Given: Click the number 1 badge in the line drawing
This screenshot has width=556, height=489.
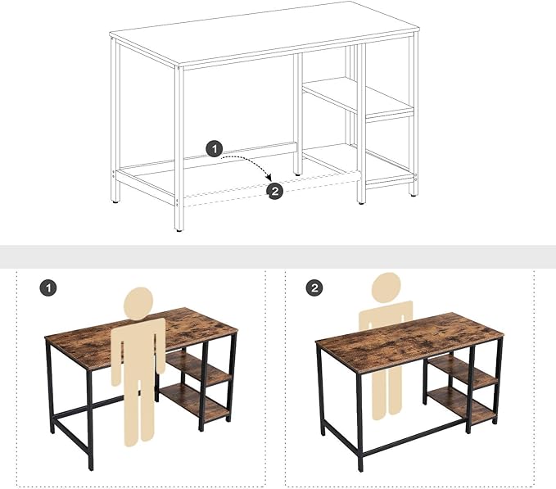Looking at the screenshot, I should click(x=214, y=148).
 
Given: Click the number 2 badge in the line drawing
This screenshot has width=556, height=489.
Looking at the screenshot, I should click(x=275, y=190).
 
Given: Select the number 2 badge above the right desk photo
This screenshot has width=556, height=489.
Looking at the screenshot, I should click(x=314, y=288).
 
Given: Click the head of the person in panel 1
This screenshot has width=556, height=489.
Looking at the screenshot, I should click(x=140, y=301).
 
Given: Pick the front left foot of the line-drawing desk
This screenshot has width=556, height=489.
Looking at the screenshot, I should click(x=179, y=229).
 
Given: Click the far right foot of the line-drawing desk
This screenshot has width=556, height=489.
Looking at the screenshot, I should click(x=414, y=193).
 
